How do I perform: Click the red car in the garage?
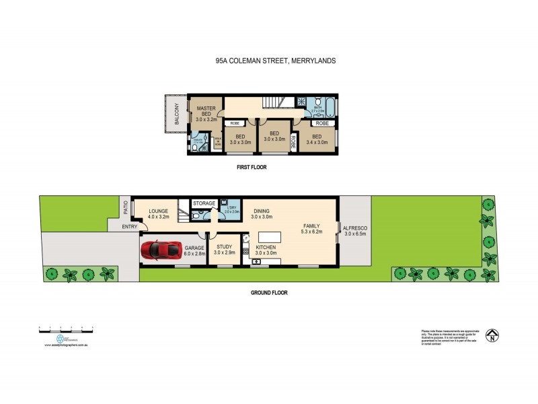click(x=160, y=250)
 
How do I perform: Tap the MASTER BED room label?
click(x=206, y=114)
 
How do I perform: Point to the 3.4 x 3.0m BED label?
click(x=316, y=139)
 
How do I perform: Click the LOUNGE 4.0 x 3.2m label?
click(x=158, y=215)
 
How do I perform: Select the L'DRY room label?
click(x=231, y=209)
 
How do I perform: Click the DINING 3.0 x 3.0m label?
click(x=261, y=213)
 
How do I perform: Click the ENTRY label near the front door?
click(x=130, y=227)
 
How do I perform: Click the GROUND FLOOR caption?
click(x=269, y=293)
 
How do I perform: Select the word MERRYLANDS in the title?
click(x=314, y=61)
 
